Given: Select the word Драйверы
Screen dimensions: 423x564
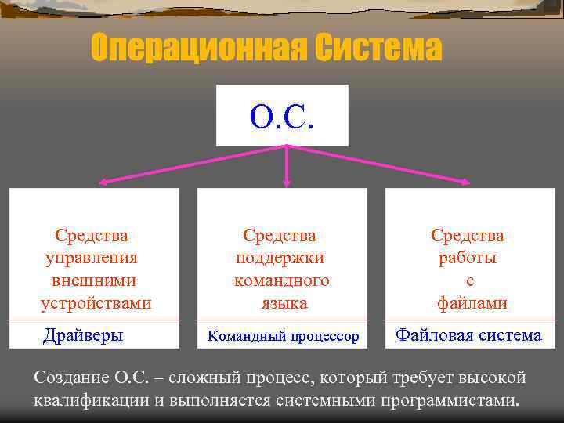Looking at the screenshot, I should coord(83,335).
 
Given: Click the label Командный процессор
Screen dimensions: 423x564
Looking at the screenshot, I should coord(283,337).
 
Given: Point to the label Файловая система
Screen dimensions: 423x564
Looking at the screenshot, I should coord(468,335).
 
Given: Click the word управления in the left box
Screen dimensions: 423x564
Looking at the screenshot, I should coord(92,258).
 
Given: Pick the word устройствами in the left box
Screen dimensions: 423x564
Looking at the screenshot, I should coord(96,302).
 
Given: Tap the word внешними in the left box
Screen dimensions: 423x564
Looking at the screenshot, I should coord(92,280).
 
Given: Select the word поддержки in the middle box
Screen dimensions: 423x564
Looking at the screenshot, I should coord(280,258).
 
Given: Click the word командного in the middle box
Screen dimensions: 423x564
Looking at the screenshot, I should coord(281,280).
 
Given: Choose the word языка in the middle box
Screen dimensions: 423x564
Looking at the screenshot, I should coord(281,302).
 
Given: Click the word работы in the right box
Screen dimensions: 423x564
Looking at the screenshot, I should coord(468,258).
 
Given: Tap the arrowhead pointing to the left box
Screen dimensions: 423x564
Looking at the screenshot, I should coord(103,183).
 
